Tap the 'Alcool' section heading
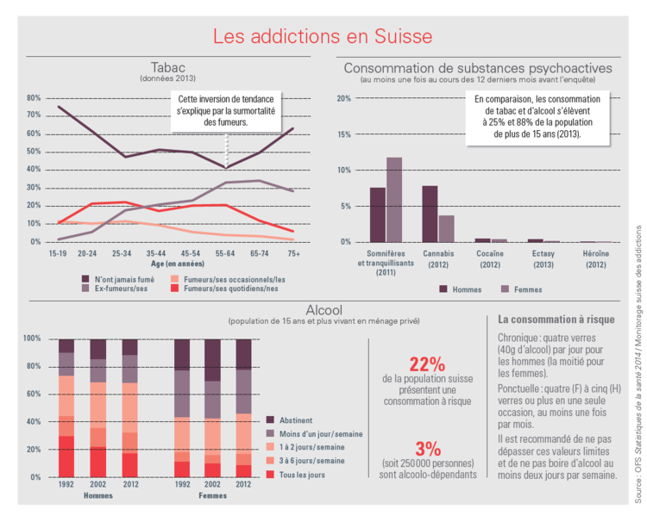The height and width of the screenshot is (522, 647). (x=323, y=310)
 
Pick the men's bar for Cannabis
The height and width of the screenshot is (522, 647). (x=430, y=214)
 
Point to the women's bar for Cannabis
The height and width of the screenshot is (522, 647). (x=446, y=228)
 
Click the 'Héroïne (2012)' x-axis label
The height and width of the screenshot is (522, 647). (x=594, y=259)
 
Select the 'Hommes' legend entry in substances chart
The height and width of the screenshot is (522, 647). (x=461, y=289)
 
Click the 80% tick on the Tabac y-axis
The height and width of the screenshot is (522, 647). (x=34, y=98)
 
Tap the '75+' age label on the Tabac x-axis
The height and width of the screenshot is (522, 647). (x=293, y=254)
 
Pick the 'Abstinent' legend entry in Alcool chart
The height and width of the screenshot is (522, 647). (x=298, y=419)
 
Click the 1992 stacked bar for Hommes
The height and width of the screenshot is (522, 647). (x=66, y=407)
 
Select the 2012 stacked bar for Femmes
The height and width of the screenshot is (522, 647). (x=244, y=407)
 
